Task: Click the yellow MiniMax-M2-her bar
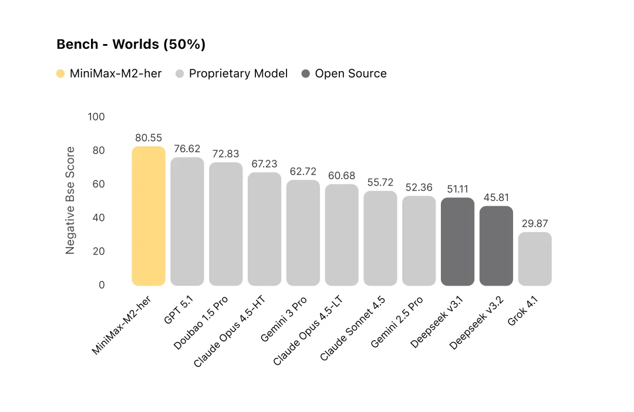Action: pyautogui.click(x=149, y=216)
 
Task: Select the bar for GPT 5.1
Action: pyautogui.click(x=187, y=222)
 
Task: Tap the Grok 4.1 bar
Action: pyautogui.click(x=535, y=259)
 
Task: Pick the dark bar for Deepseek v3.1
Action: pyautogui.click(x=457, y=242)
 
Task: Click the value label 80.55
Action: pyautogui.click(x=149, y=138)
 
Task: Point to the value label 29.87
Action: pyautogui.click(x=535, y=224)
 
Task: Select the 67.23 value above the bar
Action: pyautogui.click(x=264, y=164)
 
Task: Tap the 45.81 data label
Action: pyautogui.click(x=496, y=197)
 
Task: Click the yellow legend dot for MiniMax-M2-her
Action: pyautogui.click(x=60, y=74)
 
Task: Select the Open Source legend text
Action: pyautogui.click(x=350, y=74)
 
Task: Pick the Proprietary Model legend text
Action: pyautogui.click(x=238, y=74)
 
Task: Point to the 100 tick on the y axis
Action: pyautogui.click(x=96, y=117)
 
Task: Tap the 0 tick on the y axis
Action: pyautogui.click(x=102, y=285)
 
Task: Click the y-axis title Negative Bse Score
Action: pyautogui.click(x=70, y=200)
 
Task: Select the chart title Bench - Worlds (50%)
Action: pyautogui.click(x=131, y=45)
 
